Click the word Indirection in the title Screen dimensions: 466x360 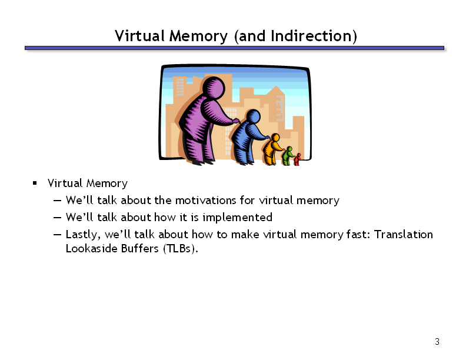[311, 36]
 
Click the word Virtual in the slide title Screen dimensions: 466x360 [140, 36]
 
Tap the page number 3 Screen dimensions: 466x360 [437, 342]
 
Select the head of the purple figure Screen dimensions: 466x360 [214, 88]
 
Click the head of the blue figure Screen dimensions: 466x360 [253, 116]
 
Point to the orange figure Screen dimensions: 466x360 [272, 149]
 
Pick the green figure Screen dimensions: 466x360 [288, 156]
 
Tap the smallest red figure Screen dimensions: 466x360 [298, 159]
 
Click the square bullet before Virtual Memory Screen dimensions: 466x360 [35, 183]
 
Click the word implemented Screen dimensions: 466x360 [238, 218]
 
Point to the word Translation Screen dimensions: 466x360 [403, 235]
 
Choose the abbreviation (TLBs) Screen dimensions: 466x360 [181, 248]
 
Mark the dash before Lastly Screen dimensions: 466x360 [57, 235]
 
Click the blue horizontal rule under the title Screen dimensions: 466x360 [235, 48]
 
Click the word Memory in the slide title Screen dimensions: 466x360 [198, 36]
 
